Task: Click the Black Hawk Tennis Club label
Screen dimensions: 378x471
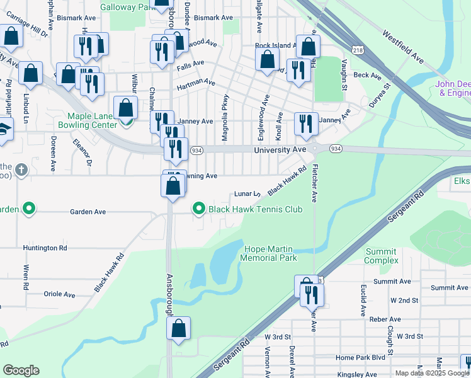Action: pyautogui.click(x=255, y=209)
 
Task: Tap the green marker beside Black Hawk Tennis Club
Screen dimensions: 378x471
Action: pyautogui.click(x=199, y=208)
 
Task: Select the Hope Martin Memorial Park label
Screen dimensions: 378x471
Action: pyautogui.click(x=270, y=253)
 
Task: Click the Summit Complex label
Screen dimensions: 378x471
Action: pyautogui.click(x=382, y=256)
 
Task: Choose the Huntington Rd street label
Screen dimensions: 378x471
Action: pyautogui.click(x=45, y=248)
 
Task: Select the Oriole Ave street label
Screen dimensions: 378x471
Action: pyautogui.click(x=59, y=294)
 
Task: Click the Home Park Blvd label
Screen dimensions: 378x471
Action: pyautogui.click(x=360, y=357)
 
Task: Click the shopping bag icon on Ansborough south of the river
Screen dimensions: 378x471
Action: pyautogui.click(x=179, y=328)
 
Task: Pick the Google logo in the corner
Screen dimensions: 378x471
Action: pyautogui.click(x=21, y=370)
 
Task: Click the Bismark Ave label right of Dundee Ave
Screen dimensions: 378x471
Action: pyautogui.click(x=213, y=18)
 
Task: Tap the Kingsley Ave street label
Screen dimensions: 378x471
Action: pyautogui.click(x=356, y=375)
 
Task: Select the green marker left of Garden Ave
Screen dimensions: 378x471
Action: pyautogui.click(x=28, y=208)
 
